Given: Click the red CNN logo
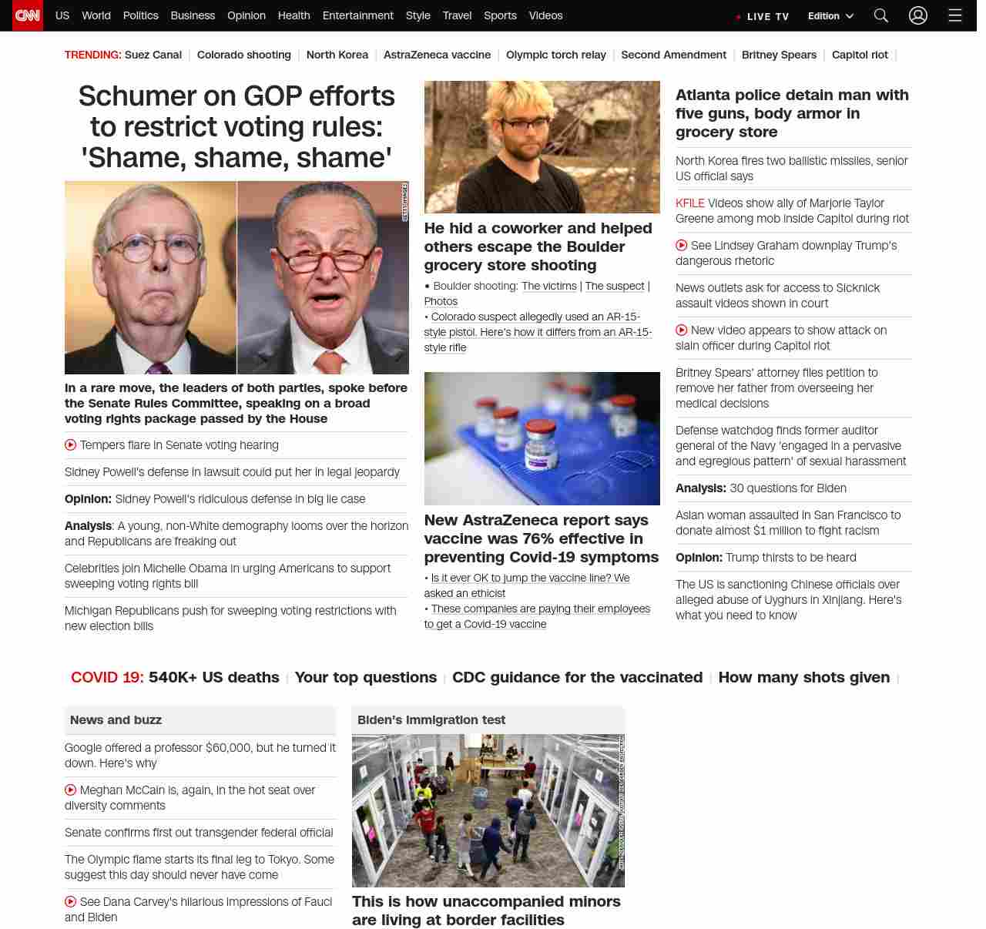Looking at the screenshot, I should tap(28, 15).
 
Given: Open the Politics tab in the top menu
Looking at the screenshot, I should tap(140, 15).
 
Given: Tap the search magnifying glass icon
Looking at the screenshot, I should tap(881, 15).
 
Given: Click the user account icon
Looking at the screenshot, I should tap(917, 15).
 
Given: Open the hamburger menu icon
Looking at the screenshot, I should tap(955, 15).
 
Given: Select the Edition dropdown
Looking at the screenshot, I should tap(830, 16).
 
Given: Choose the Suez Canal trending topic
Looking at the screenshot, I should tap(153, 55).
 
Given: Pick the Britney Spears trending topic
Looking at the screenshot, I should tap(779, 55).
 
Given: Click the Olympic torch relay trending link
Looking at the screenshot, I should tap(555, 55).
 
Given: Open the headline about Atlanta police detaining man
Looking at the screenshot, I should tap(792, 113).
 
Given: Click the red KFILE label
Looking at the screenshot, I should tap(689, 203).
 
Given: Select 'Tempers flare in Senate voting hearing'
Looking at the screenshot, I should tap(179, 445).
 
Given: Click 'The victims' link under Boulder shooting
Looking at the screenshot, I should tap(548, 286).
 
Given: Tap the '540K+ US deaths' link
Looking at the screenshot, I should tap(213, 677).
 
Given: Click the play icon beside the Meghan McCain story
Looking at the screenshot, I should tap(71, 790).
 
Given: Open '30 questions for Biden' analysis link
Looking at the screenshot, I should tap(787, 488).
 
